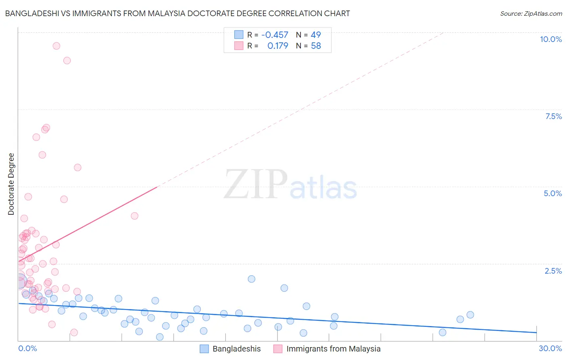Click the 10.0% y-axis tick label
tap(551, 39)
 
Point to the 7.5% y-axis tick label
tap(554, 116)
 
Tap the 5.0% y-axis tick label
tap(553, 194)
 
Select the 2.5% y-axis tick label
tap(553, 271)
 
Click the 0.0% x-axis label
tap(27, 348)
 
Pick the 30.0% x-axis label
tap(550, 348)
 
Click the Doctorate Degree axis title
tap(11, 184)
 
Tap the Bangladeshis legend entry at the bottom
tap(230, 349)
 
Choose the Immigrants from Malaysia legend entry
tap(327, 349)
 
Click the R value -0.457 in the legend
tap(275, 35)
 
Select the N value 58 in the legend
tap(316, 46)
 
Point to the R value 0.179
tap(278, 46)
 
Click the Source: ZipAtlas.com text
tap(531, 13)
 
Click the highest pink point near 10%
tap(56, 46)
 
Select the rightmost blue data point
tap(470, 315)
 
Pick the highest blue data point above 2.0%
tap(251, 279)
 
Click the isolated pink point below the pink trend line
tap(134, 216)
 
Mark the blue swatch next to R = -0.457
tap(239, 34)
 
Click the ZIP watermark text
tap(256, 184)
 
